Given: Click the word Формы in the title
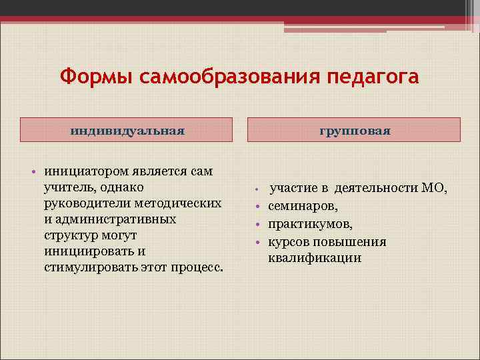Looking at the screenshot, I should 97,77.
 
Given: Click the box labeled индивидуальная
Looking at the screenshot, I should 127,130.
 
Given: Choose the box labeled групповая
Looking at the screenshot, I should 354,130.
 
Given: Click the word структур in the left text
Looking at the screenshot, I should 70,235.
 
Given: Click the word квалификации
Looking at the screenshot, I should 315,258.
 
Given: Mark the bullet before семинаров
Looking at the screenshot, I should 257,207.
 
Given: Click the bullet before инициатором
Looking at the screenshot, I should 32,172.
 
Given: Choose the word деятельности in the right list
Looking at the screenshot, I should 376,188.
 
